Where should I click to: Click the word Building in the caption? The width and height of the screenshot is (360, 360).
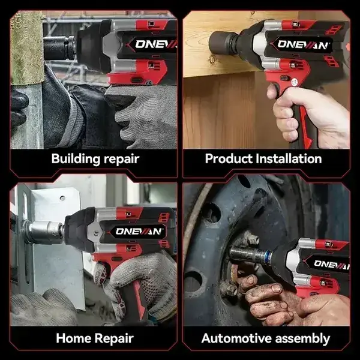74,159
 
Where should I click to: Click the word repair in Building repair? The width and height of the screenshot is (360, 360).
119,160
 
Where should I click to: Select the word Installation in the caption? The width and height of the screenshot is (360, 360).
289,159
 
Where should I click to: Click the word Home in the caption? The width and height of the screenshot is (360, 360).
74,338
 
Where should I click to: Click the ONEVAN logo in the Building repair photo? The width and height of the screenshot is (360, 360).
155,43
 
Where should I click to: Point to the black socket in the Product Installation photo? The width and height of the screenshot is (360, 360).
223,43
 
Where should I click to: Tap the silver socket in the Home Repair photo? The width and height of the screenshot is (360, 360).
46,230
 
